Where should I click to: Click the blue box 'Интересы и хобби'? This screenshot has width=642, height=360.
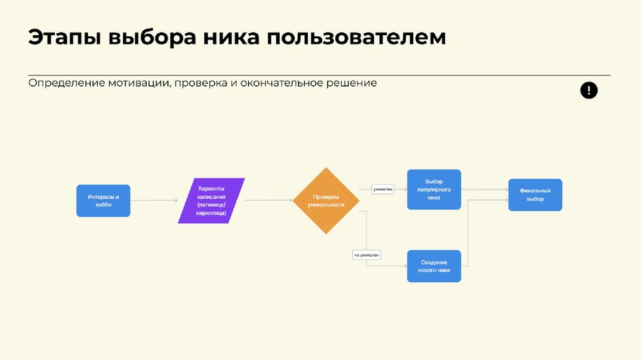[103, 201]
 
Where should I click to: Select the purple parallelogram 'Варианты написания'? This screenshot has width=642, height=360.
[211, 201]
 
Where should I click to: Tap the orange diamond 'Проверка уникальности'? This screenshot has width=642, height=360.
[326, 201]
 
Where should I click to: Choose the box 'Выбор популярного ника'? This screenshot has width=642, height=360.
[434, 189]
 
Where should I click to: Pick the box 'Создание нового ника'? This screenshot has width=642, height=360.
[434, 266]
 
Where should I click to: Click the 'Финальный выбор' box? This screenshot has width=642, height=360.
[535, 195]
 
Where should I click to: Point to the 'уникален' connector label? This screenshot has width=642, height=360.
[383, 188]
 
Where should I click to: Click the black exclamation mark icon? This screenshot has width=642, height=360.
[589, 91]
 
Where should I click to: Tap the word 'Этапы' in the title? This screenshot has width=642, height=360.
[63, 37]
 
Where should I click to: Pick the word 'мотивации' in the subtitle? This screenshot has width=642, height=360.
[138, 83]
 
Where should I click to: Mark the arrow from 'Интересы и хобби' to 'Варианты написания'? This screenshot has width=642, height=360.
[154, 201]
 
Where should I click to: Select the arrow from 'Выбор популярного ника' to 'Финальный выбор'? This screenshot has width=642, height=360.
[485, 189]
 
